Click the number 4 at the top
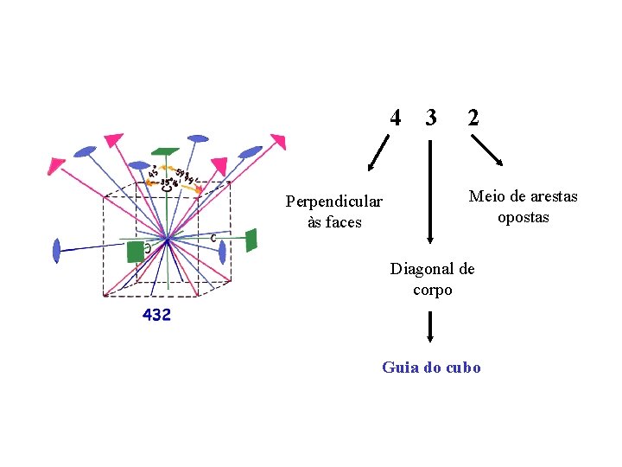click(x=395, y=117)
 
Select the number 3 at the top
click(x=430, y=117)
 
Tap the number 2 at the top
click(x=473, y=117)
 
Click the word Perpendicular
click(x=333, y=202)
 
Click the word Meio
click(x=486, y=196)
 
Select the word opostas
click(x=523, y=217)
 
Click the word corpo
click(x=432, y=290)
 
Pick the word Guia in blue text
click(x=400, y=368)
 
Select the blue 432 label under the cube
click(x=156, y=316)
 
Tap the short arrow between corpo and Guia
click(x=430, y=328)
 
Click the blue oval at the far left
click(x=56, y=250)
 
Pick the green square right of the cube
click(x=251, y=240)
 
